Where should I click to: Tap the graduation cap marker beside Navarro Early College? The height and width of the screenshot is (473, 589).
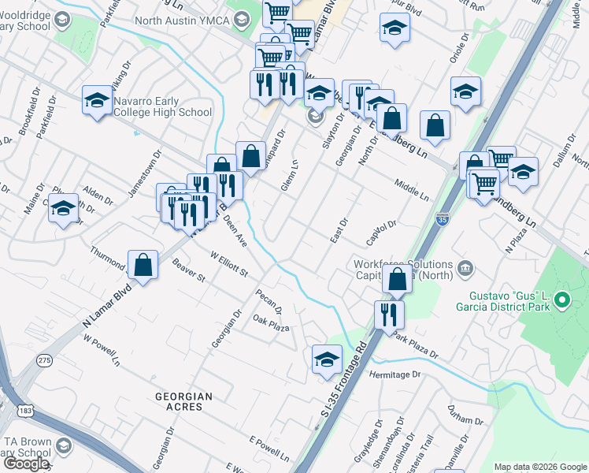coord(98,101)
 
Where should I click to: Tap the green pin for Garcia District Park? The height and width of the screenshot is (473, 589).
coord(561,300)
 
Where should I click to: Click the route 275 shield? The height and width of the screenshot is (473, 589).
coord(44,360)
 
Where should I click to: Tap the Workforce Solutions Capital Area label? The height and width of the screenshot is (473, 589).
coord(404,270)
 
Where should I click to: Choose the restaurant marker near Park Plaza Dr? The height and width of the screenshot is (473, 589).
coord(390,314)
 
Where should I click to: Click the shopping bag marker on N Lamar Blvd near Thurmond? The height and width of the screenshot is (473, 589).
coord(143,266)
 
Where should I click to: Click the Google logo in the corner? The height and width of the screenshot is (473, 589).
coord(26,464)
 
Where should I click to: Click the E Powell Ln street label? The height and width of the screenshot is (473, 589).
coord(269,449)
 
